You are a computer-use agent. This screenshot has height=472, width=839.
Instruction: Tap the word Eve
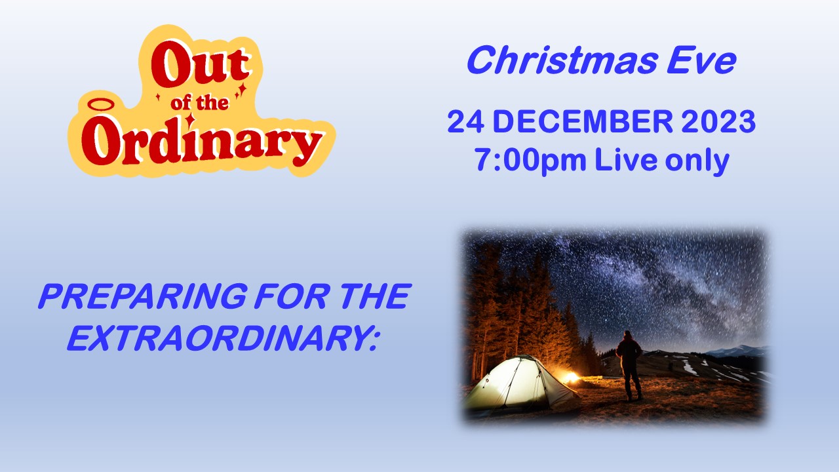701,60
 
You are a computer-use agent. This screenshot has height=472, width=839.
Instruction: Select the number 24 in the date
465,122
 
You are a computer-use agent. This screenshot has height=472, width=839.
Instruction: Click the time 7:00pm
530,161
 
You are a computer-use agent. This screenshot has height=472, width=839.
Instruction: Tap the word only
697,161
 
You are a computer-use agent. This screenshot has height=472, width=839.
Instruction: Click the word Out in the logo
201,64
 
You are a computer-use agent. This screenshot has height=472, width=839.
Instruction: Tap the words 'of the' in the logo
199,102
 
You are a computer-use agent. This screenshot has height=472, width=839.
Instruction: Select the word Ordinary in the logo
201,144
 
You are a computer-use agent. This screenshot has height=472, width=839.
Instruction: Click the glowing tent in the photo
520,382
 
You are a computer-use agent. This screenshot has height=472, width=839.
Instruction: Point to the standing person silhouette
629,365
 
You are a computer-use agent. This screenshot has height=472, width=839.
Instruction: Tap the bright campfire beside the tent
570,377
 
